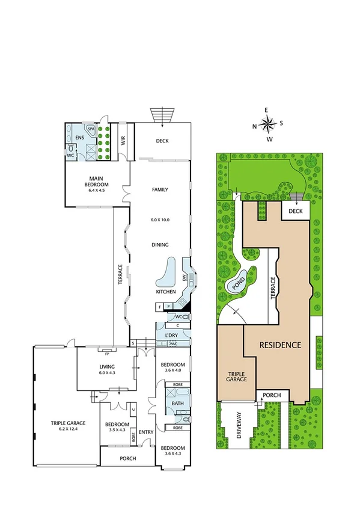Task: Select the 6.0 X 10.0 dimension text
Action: pyautogui.click(x=160, y=220)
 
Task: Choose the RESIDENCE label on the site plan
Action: pyautogui.click(x=280, y=345)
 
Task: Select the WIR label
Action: pyautogui.click(x=123, y=141)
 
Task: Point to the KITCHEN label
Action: pyautogui.click(x=166, y=292)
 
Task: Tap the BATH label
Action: pyautogui.click(x=177, y=404)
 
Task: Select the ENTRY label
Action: pyautogui.click(x=146, y=432)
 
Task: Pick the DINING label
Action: pyautogui.click(x=160, y=245)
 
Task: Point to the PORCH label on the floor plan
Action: pyautogui.click(x=127, y=458)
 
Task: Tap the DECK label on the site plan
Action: pyautogui.click(x=294, y=211)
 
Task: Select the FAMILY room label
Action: pyautogui.click(x=160, y=189)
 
